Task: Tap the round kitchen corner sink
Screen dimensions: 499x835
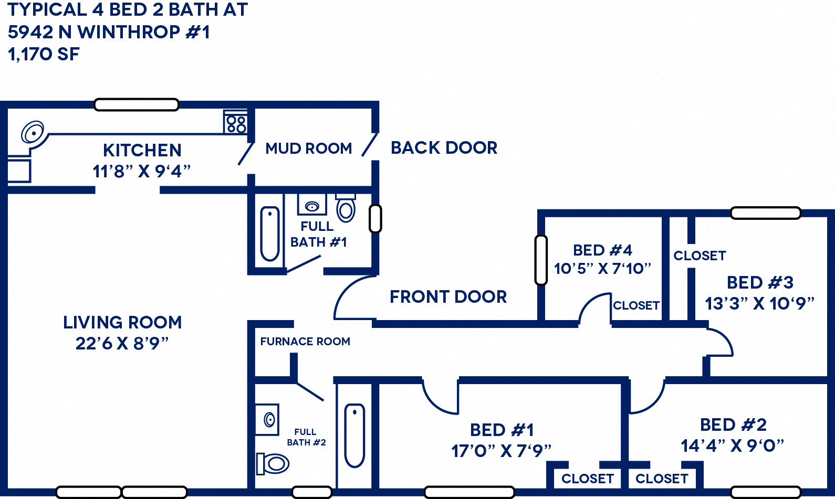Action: (32, 132)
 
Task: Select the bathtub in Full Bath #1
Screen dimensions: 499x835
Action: (269, 233)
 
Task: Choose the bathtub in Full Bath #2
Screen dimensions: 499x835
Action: (354, 436)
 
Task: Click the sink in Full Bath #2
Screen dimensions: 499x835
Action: (267, 419)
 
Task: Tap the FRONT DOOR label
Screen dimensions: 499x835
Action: (448, 297)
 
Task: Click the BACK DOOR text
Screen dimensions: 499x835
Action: (444, 148)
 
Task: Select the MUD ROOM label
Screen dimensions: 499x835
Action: (308, 148)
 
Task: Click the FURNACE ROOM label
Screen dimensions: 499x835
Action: (305, 342)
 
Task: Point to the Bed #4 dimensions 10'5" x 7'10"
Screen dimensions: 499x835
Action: (602, 269)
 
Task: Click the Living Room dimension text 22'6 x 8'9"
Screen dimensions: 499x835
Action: (122, 343)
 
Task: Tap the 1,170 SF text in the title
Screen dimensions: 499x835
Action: (44, 54)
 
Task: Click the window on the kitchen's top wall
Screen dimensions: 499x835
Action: (137, 104)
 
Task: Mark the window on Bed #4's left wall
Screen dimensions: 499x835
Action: (541, 260)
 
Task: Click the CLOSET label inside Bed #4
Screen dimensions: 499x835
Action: (636, 305)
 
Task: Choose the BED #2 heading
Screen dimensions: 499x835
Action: (733, 424)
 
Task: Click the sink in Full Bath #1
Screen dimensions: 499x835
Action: (312, 206)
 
